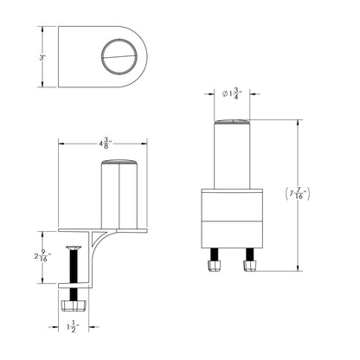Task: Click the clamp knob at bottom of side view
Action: click(x=74, y=306)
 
